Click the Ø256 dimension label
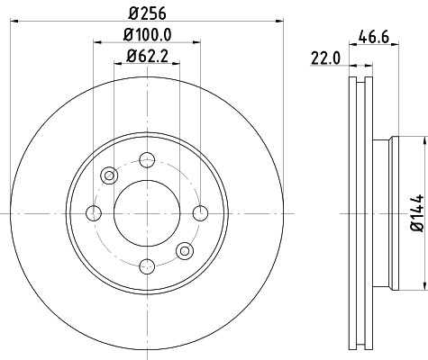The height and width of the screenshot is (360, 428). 147,13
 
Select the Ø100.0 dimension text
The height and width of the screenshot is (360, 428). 147,35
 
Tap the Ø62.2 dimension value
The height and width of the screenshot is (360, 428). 147,56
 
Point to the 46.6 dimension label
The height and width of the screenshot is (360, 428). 374,38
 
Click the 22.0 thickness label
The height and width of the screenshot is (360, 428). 326,58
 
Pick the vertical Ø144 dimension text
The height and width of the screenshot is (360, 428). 417,213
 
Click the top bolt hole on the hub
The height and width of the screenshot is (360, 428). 147,160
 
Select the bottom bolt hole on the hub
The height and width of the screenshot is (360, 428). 147,266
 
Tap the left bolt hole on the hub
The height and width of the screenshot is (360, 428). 94,213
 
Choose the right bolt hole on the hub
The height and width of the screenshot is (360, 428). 200,213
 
